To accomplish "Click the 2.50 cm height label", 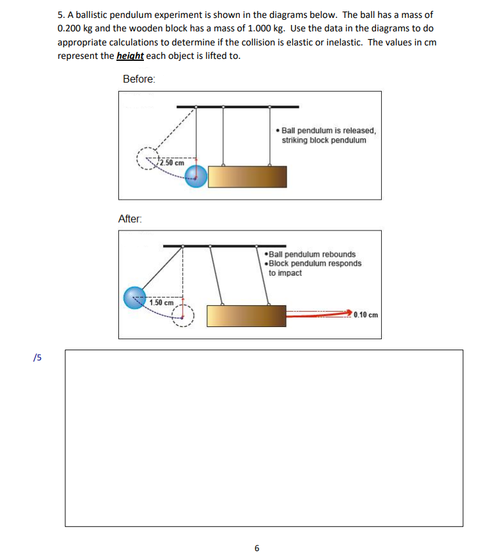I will point(172,163).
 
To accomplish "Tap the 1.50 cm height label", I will point(161,302).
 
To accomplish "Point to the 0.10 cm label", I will point(366,315).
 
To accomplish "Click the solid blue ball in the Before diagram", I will point(196,176).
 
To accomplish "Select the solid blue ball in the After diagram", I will point(135,298).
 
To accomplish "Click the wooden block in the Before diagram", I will point(248,177).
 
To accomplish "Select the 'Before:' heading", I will point(139,79).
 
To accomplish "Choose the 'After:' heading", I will point(130,219).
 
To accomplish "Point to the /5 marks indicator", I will point(37,357).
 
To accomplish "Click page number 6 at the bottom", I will point(256,548).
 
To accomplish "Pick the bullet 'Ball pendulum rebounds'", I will point(311,254).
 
